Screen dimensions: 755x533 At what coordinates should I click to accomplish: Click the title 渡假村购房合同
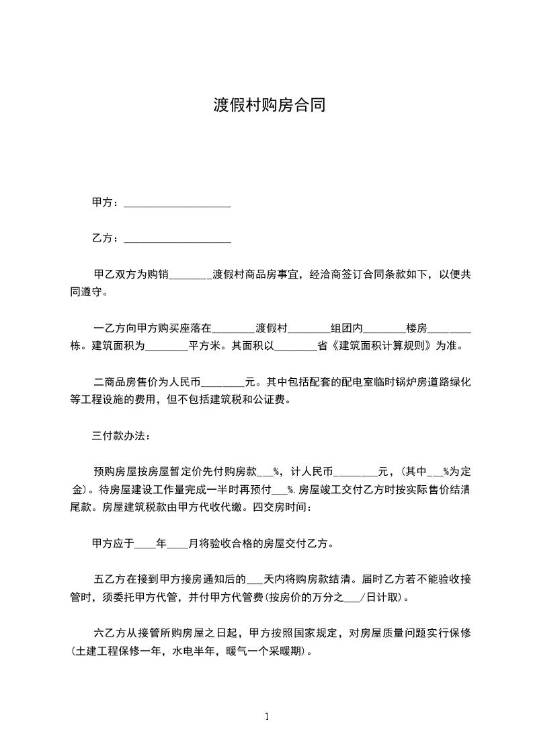click(270, 106)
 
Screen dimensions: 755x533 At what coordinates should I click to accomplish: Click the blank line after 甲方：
click(177, 203)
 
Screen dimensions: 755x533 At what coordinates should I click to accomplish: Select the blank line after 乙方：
click(177, 239)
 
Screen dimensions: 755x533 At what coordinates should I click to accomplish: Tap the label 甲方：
click(106, 203)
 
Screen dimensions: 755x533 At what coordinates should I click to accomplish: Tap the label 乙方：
click(106, 239)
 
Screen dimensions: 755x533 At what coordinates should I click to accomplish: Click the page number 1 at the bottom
click(267, 717)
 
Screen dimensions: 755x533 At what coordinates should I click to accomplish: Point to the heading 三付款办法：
click(122, 436)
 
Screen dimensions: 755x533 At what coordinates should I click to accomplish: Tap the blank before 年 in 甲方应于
click(145, 542)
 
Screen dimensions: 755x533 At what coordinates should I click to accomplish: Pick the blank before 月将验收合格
click(177, 542)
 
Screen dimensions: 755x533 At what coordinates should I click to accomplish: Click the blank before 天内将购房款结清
click(255, 579)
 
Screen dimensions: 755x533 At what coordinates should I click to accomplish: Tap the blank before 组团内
click(309, 329)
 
